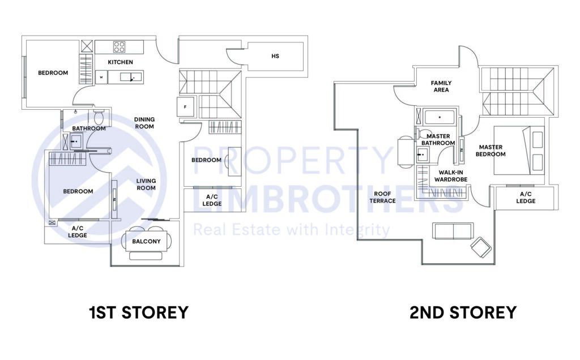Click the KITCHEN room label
coord(121,62)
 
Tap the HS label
coord(275,56)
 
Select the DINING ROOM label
coord(144,123)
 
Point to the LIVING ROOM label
coord(146,185)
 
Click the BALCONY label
coord(146,242)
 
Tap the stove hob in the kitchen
coord(119,47)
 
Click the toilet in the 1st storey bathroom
coord(99,118)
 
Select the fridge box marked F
coord(185,107)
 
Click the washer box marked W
coord(101,77)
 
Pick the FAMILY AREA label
coord(441,86)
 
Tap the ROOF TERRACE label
coord(382,197)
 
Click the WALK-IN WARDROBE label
coord(450,175)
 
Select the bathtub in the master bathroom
coord(440,117)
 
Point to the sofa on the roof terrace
coord(453,230)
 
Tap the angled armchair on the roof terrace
coord(481,247)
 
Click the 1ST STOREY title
coord(138,312)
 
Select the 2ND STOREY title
coord(463,312)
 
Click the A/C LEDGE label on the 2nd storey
coord(525,198)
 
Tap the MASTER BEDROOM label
coord(490,151)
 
